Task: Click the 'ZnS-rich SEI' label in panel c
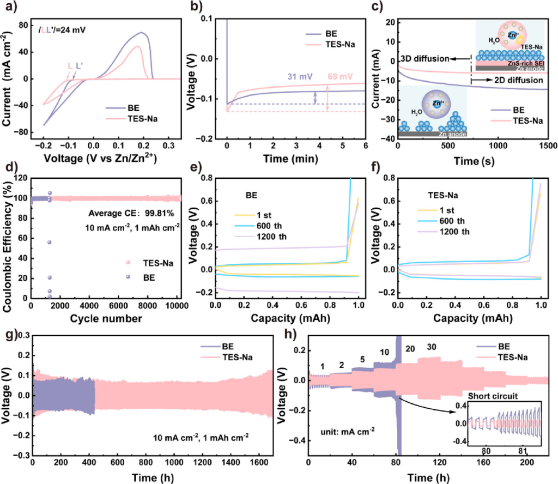(524, 64)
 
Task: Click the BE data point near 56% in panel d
(49, 242)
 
